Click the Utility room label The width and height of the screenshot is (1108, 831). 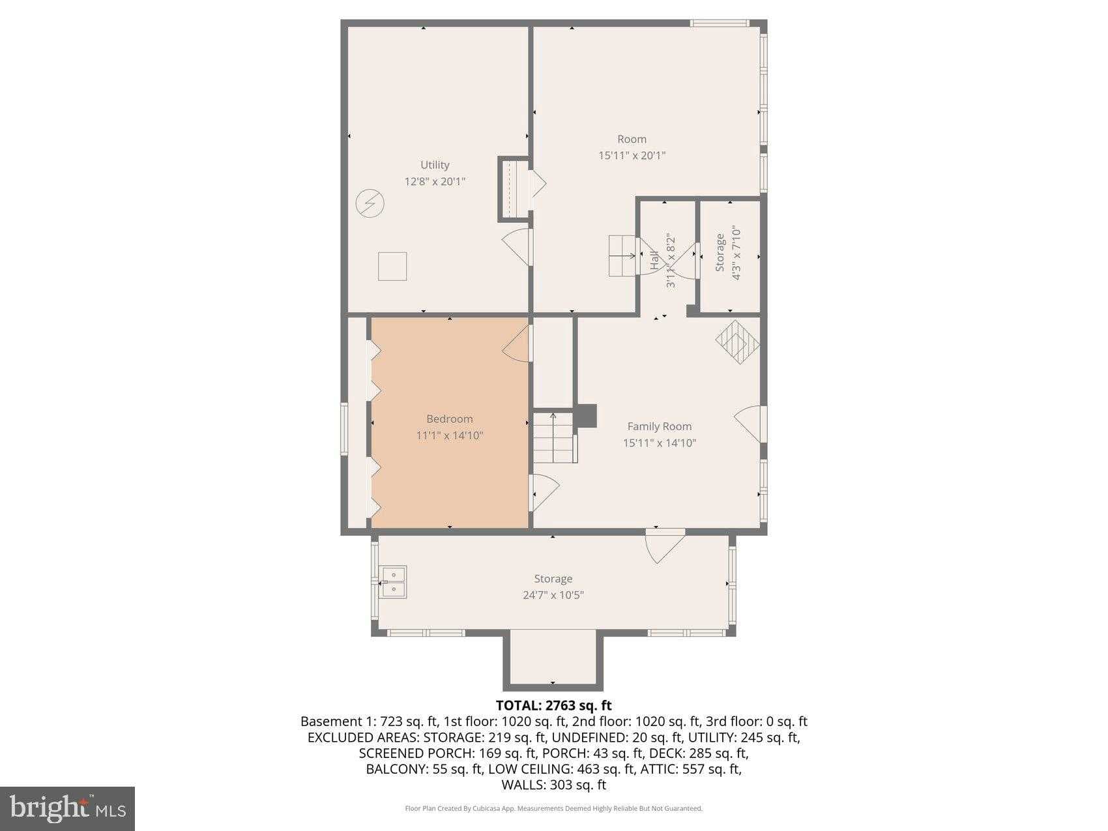pos(435,165)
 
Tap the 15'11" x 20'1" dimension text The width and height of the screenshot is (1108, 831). pos(632,155)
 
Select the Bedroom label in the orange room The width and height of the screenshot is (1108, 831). pos(450,419)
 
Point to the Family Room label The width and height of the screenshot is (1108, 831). pos(660,426)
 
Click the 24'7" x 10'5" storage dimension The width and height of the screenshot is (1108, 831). pos(553,595)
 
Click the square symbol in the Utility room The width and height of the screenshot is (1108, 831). pos(393,266)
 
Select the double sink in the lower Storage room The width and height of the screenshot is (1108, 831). pos(394,582)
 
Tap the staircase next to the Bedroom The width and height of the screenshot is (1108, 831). pos(555,437)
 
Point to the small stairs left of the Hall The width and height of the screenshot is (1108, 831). pos(623,255)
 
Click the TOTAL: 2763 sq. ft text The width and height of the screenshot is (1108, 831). pos(554,705)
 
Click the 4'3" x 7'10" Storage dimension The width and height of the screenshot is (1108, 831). pos(736,253)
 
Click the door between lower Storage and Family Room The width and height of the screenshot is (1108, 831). pos(665,546)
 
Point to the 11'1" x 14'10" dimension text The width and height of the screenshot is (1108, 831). pos(450,435)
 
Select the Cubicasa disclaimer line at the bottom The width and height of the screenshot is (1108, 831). pos(554,809)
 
